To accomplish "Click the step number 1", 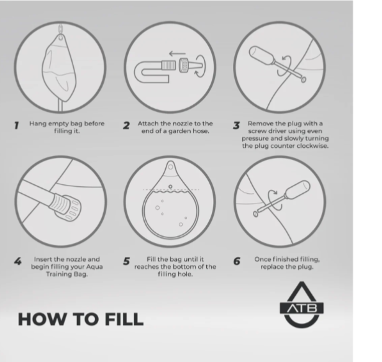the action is click(16, 125).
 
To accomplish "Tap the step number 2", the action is click(126, 125).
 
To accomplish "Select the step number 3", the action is click(236, 125).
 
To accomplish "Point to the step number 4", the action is click(18, 261).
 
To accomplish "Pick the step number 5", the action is click(126, 261).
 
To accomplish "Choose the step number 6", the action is click(237, 261).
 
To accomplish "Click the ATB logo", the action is click(302, 304).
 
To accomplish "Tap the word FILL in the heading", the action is click(124, 319).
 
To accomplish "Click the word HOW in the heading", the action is click(42, 319).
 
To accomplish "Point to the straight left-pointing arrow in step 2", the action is click(177, 53).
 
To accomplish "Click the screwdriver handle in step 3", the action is click(261, 55).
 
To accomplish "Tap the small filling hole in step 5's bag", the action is click(170, 187).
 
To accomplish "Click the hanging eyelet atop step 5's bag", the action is click(171, 167).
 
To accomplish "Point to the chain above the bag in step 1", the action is click(60, 30).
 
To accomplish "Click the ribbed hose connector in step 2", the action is click(168, 65).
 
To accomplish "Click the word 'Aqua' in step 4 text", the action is click(94, 267).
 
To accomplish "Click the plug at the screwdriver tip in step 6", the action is click(255, 214).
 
